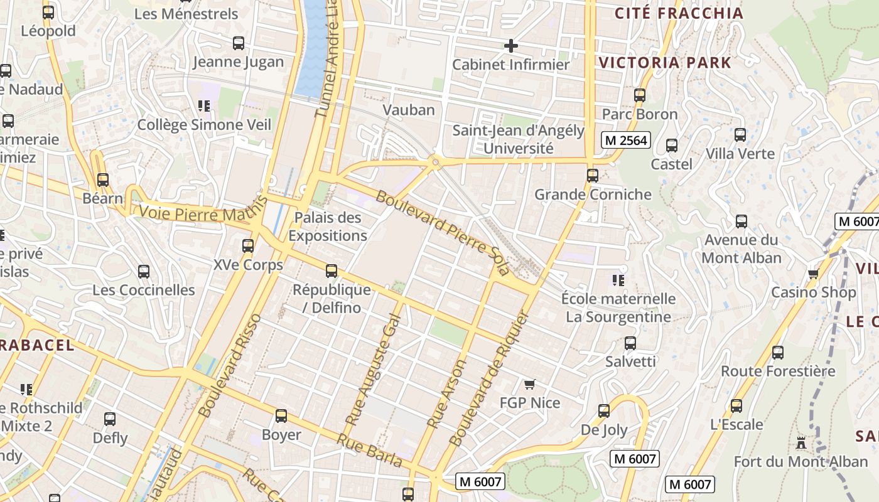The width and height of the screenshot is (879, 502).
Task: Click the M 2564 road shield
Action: click(x=625, y=140)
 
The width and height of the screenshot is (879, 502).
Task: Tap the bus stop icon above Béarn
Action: click(x=103, y=180)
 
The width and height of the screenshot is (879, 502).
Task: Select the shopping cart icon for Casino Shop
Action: click(x=814, y=274)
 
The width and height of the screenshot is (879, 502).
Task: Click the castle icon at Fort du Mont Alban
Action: click(x=801, y=443)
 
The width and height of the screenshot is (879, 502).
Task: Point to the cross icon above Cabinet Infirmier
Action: click(x=511, y=45)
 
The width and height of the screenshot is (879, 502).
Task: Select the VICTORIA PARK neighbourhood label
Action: click(x=665, y=63)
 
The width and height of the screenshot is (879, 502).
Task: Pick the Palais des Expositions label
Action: click(x=328, y=227)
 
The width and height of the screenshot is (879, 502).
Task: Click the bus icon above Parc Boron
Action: click(x=640, y=95)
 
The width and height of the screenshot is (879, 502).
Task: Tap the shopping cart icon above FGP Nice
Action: click(x=530, y=384)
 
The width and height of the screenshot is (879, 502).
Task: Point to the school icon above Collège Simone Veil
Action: click(x=203, y=105)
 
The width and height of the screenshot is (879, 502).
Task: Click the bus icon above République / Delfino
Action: click(x=332, y=271)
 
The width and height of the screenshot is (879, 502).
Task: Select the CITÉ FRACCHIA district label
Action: click(x=679, y=13)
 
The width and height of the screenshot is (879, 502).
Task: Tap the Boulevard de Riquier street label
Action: click(x=489, y=378)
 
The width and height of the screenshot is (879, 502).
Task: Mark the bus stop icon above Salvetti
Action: click(x=630, y=343)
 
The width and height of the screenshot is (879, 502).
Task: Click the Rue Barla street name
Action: click(x=370, y=451)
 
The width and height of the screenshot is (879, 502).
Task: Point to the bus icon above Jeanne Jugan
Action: click(x=239, y=43)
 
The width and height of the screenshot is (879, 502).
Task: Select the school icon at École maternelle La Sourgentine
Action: click(x=618, y=280)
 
